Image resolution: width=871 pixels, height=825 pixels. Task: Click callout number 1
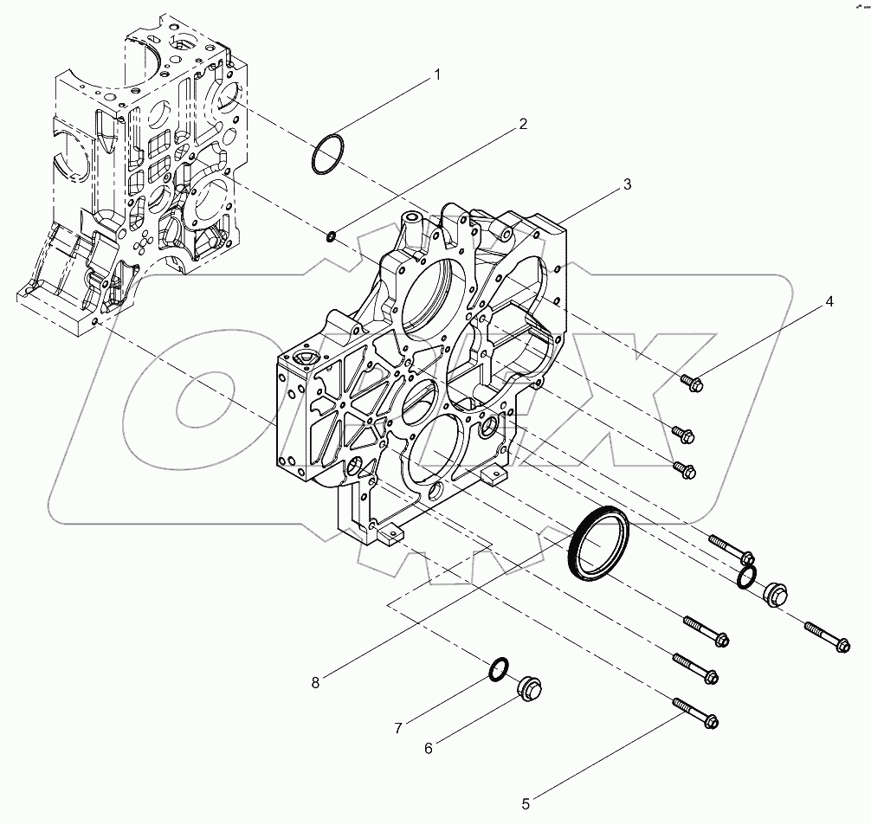pyautogui.click(x=437, y=74)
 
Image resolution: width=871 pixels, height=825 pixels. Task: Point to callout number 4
pyautogui.click(x=829, y=301)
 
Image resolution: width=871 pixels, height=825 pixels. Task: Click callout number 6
pyautogui.click(x=428, y=749)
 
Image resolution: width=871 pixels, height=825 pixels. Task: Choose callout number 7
pyautogui.click(x=398, y=728)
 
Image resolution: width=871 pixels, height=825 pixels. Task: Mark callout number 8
pyautogui.click(x=316, y=682)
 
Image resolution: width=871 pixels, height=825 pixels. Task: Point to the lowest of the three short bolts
pyautogui.click(x=685, y=468)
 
